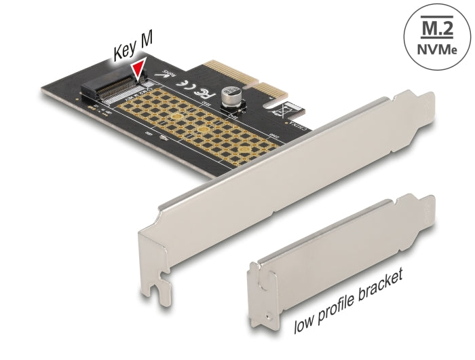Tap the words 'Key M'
coord(133,50)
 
